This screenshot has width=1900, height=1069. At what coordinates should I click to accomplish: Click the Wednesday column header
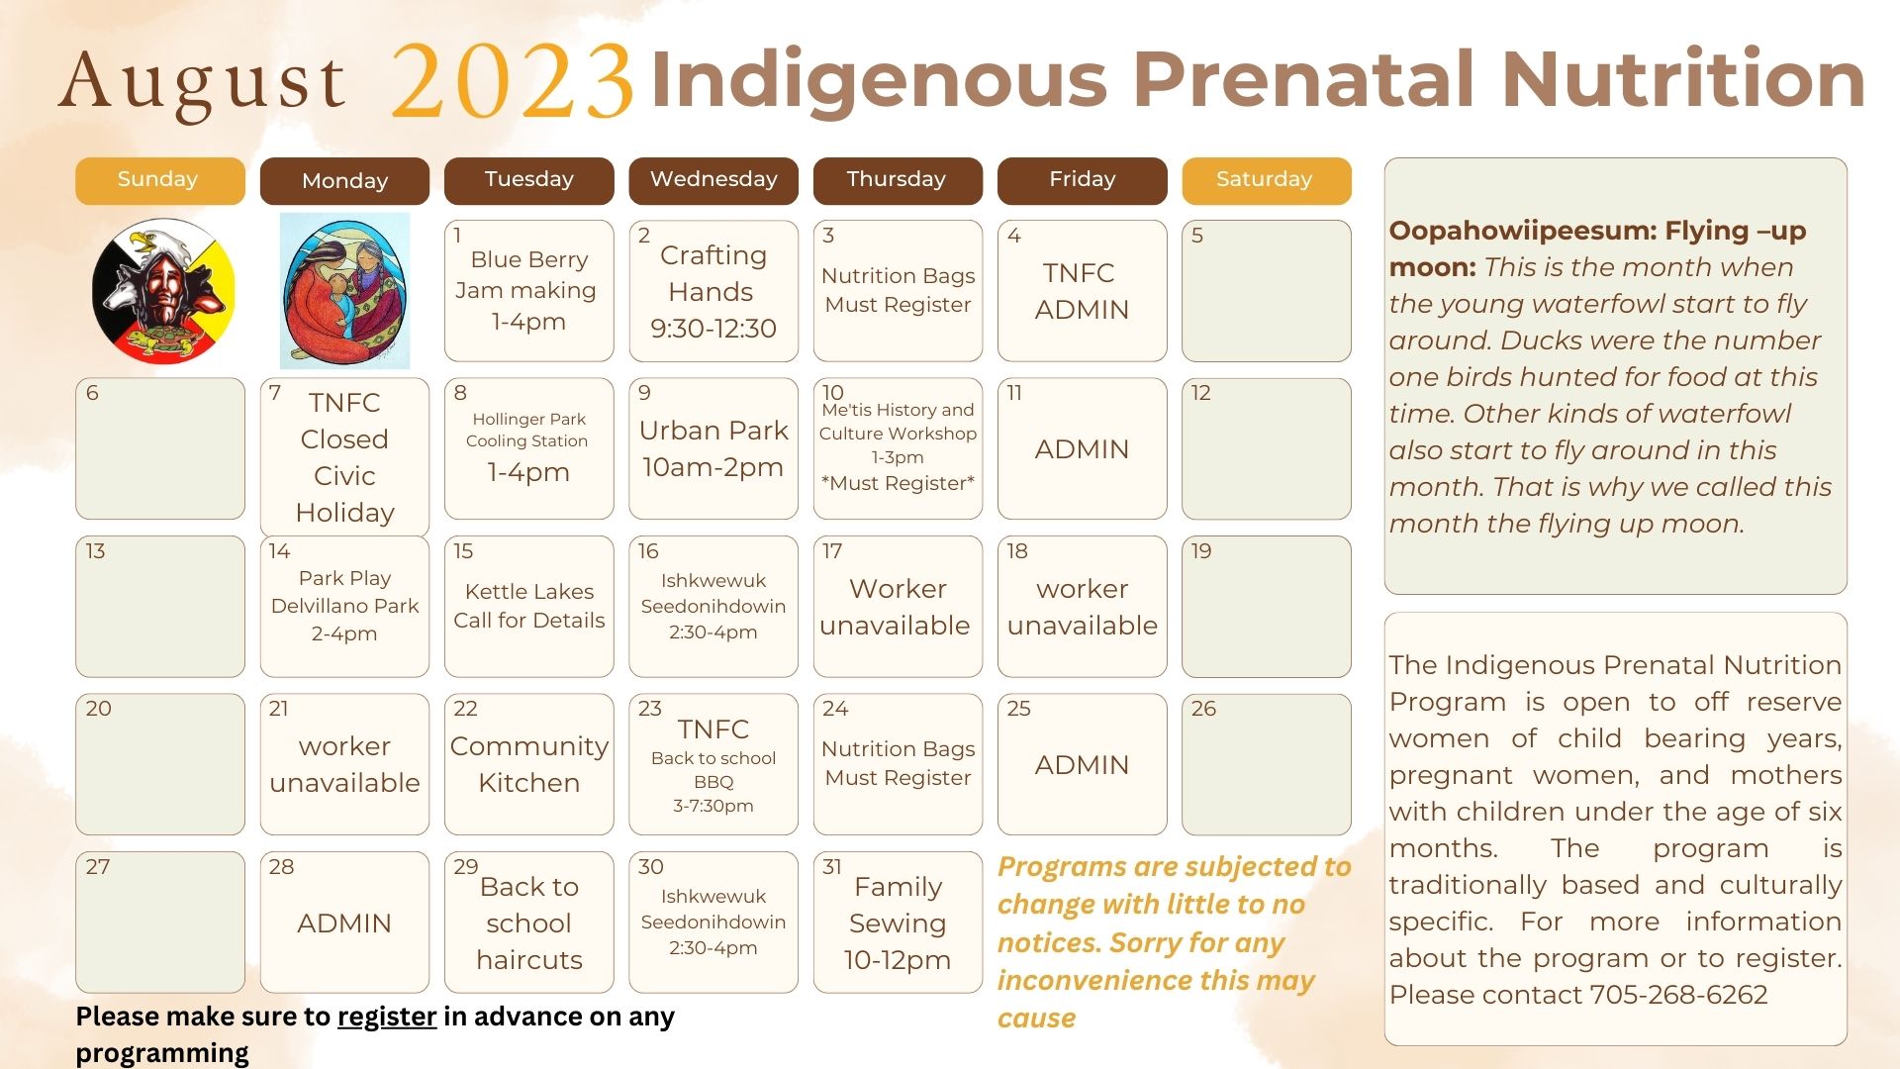click(x=712, y=180)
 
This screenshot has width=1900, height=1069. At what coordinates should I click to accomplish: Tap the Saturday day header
click(x=1265, y=180)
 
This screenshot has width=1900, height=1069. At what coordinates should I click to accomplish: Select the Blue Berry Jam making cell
click(x=528, y=290)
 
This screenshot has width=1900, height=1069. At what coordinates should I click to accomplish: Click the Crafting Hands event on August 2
click(x=712, y=291)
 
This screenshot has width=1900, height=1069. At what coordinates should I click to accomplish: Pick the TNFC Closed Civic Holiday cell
click(x=344, y=457)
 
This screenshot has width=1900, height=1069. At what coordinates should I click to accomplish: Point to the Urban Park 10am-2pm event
click(x=712, y=448)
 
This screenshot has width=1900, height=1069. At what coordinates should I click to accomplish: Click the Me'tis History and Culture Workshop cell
click(x=898, y=446)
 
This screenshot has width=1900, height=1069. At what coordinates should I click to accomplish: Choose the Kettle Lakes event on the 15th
click(x=528, y=606)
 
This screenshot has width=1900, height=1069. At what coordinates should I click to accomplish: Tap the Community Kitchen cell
click(x=528, y=764)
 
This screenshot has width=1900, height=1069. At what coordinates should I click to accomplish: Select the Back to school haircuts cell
click(x=528, y=923)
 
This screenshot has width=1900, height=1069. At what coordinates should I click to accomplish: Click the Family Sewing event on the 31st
click(x=898, y=923)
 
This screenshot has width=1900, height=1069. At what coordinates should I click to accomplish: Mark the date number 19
click(x=1201, y=551)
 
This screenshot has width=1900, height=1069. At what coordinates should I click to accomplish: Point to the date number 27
click(x=97, y=867)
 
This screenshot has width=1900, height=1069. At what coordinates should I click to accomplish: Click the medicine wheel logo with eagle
click(x=163, y=291)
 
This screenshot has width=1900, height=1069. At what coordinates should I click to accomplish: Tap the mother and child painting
click(x=344, y=291)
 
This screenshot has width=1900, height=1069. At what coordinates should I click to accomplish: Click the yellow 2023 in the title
click(x=512, y=83)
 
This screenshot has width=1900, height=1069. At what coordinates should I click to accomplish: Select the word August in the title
click(x=203, y=83)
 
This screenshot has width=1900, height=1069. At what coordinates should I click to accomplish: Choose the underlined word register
click(x=386, y=1017)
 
